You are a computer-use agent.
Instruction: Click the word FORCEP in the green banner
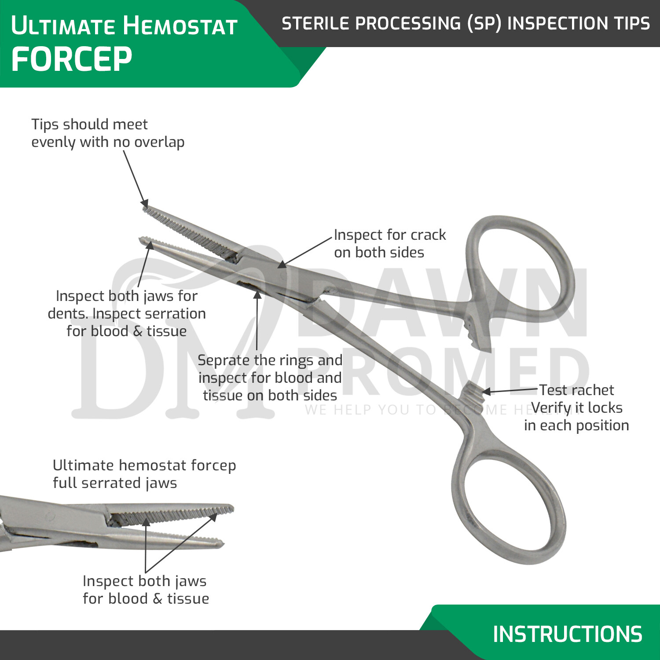click(x=71, y=59)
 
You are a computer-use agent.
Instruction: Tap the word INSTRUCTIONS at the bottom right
click(x=567, y=634)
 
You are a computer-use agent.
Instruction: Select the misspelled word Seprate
click(x=224, y=360)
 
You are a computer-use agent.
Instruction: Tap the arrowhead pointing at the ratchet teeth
click(x=486, y=392)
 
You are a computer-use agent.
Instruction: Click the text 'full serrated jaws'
click(x=115, y=483)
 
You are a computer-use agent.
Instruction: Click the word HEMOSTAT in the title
click(x=180, y=26)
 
